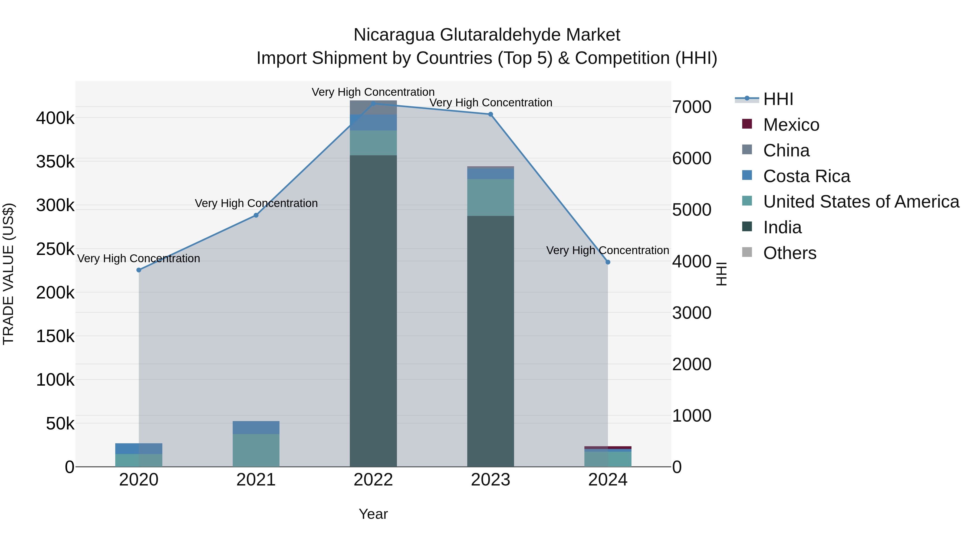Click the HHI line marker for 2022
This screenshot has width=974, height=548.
tap(373, 103)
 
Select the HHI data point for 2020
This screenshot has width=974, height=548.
tap(139, 270)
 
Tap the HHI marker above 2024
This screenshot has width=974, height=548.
tap(608, 262)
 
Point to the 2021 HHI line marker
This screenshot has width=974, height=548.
tap(256, 215)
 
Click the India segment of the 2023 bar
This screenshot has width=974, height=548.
tap(491, 340)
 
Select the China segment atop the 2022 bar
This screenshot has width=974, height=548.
tap(373, 107)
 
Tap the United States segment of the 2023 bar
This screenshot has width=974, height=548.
tap(491, 198)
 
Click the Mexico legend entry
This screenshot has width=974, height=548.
tap(791, 125)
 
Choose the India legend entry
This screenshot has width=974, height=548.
tap(782, 227)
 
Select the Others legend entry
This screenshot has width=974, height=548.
tap(789, 253)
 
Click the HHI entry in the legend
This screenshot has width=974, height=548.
tap(778, 99)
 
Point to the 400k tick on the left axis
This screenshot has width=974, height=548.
tap(55, 118)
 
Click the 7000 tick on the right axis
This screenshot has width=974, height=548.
tap(692, 107)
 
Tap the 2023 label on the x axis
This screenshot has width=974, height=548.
tap(491, 480)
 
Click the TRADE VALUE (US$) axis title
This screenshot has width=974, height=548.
tap(9, 274)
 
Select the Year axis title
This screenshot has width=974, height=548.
tap(373, 514)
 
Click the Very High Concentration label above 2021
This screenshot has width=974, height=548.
tap(256, 204)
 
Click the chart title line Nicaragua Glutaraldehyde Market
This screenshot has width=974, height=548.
tap(487, 35)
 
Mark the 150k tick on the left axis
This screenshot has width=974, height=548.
tap(55, 336)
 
